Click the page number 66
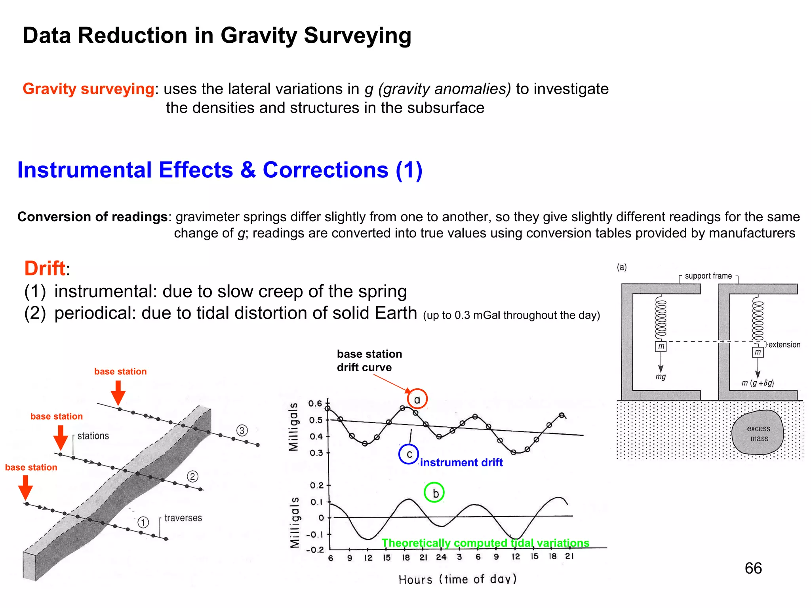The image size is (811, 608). (x=753, y=568)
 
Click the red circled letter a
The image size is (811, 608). (x=417, y=399)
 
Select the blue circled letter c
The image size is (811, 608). (x=409, y=454)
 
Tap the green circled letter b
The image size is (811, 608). (x=434, y=492)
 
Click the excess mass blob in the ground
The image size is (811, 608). (x=758, y=433)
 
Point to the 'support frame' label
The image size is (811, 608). (x=708, y=276)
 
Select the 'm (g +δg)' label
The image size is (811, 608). (x=758, y=383)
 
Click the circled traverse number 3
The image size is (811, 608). (x=242, y=430)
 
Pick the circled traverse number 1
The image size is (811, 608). (x=143, y=522)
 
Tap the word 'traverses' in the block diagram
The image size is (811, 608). (x=183, y=518)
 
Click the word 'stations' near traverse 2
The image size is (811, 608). (x=93, y=436)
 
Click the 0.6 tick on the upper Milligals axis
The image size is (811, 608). (x=315, y=403)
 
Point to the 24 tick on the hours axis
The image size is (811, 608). (x=441, y=557)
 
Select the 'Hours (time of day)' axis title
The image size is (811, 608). (x=457, y=579)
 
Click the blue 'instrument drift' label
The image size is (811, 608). (x=461, y=462)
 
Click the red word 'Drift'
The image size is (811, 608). (x=44, y=268)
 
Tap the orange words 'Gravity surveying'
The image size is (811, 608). (x=88, y=89)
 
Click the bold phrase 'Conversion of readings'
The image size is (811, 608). (x=92, y=217)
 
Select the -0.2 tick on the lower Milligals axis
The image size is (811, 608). (x=315, y=550)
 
